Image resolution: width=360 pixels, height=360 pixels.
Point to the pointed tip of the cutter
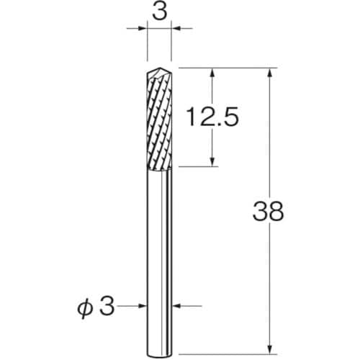point(159,70)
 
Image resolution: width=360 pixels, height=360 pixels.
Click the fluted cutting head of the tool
point(159,119)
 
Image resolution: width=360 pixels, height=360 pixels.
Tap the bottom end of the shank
point(159,332)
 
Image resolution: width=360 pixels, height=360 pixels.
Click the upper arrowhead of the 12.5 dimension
point(213,72)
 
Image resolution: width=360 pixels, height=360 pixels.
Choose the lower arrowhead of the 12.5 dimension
point(213,163)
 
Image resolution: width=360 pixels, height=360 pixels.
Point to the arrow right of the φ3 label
point(142,306)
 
